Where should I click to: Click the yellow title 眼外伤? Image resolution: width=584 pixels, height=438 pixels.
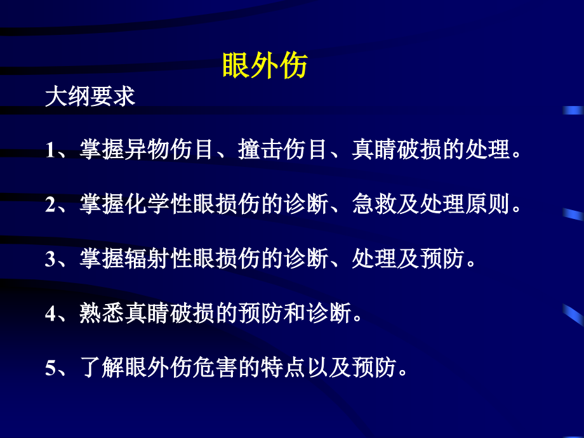click(x=265, y=65)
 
